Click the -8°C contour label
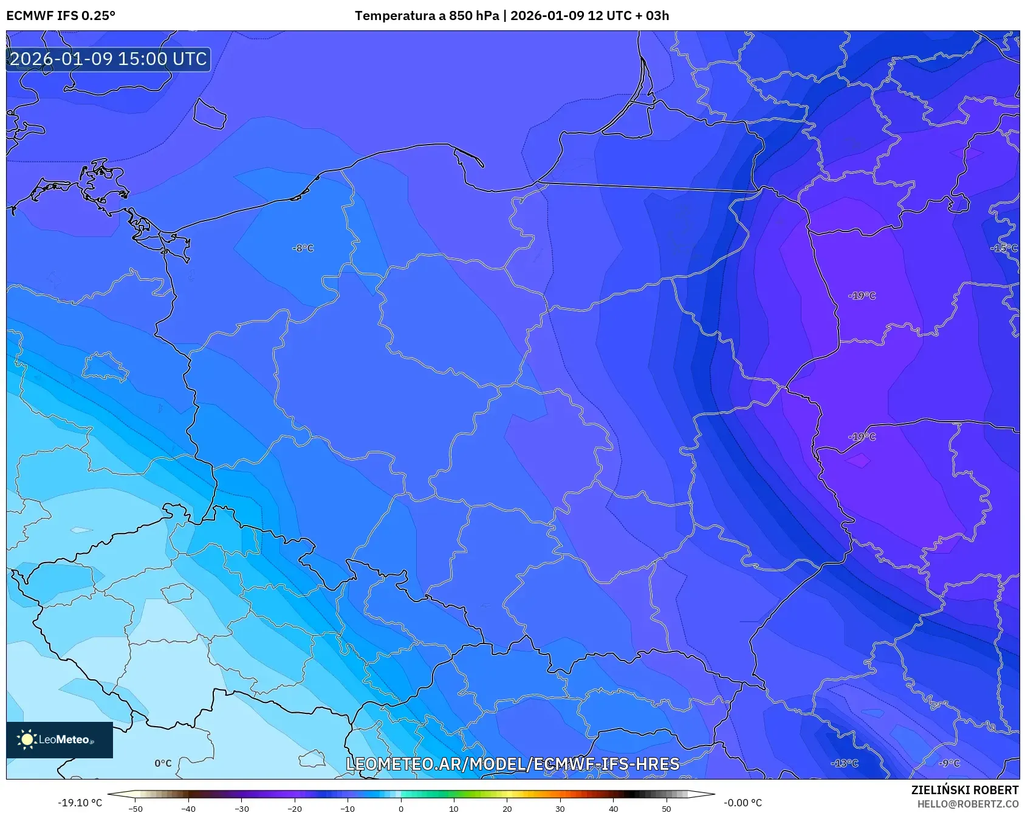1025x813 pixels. (303, 248)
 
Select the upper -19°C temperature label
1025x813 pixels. (862, 296)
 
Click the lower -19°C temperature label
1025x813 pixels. (862, 437)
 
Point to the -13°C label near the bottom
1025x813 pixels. (844, 763)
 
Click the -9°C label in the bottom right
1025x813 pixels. (948, 763)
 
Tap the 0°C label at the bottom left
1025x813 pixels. (163, 763)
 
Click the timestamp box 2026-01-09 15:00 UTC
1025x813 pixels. (108, 59)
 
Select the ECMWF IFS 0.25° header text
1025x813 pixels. (61, 15)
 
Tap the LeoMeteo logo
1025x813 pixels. (60, 739)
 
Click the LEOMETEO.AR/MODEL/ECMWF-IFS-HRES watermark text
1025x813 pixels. (512, 764)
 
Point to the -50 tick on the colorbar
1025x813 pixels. (135, 809)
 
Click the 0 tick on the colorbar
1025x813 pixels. (400, 809)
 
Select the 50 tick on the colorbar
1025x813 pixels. (666, 809)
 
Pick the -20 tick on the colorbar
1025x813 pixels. (295, 809)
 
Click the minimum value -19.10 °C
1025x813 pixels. (80, 803)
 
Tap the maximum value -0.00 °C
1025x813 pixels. (742, 803)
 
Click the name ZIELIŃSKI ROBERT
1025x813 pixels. (964, 790)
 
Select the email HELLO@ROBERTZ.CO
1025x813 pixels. (967, 804)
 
